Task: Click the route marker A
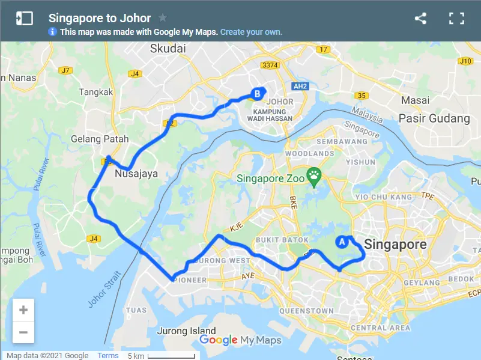(342, 242)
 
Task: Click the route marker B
(257, 94)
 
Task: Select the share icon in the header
(420, 18)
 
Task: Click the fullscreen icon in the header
(456, 18)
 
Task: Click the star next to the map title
(163, 18)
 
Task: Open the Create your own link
(251, 32)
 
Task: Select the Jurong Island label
(186, 331)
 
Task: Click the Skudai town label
(169, 48)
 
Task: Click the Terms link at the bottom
(108, 356)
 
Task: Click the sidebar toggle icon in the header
(24, 18)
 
